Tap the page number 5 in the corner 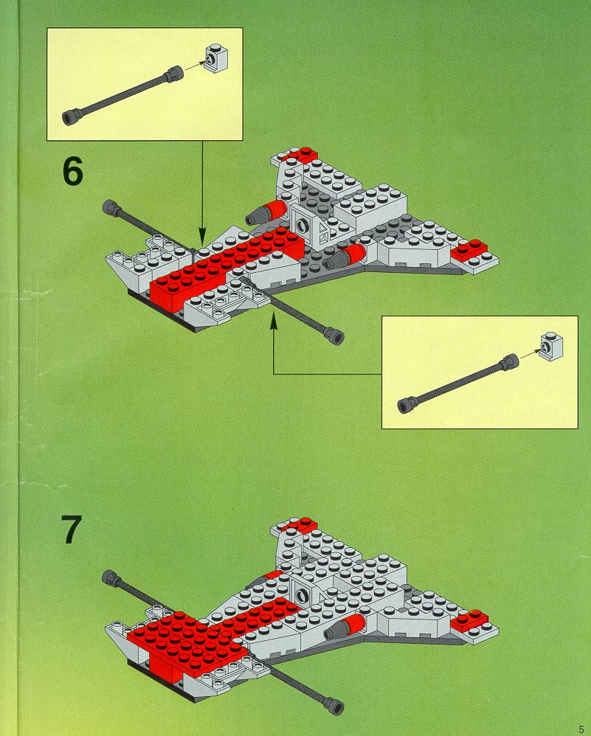click(x=581, y=726)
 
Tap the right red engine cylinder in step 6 click(x=353, y=256)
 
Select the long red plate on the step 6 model click(x=221, y=262)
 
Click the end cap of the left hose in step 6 click(x=113, y=206)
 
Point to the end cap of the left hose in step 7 click(x=111, y=576)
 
